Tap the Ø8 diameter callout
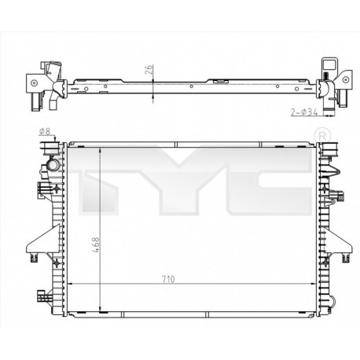click(44, 132)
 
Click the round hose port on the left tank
click(53, 167)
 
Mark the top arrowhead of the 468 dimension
click(100, 150)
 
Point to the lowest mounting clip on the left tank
click(40, 298)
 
